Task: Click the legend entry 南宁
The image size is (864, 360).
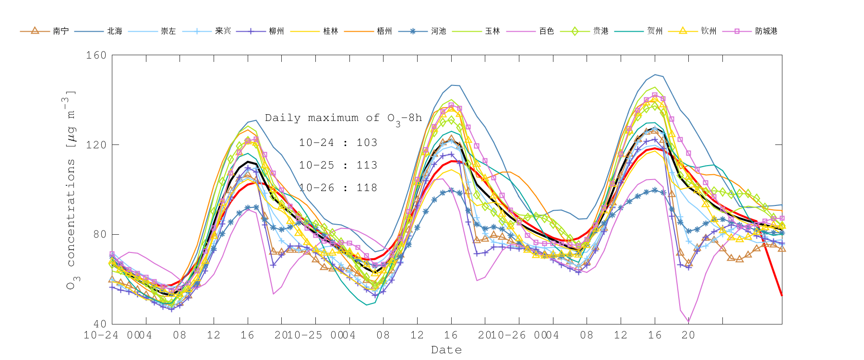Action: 61,31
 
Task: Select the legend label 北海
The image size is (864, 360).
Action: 115,31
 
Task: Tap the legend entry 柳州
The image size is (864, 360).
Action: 276,31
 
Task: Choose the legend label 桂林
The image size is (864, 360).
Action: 331,31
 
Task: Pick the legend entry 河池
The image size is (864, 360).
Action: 439,31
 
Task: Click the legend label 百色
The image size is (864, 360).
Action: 547,31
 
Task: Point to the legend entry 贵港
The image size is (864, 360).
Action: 601,31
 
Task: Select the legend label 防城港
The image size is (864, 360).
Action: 767,31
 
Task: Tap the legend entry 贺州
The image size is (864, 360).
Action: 655,31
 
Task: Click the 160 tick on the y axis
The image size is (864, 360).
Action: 96,55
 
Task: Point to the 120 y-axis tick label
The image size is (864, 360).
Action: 96,144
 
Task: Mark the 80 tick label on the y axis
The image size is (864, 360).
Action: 99,234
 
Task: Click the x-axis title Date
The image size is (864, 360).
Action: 446,350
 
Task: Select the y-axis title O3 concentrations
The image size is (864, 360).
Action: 71,190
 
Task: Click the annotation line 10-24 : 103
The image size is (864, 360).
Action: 338,143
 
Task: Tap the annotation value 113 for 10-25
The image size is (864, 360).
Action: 367,165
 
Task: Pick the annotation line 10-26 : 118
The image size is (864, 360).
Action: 338,188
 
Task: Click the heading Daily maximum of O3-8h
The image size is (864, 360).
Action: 343,119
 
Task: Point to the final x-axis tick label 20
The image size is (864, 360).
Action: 688,335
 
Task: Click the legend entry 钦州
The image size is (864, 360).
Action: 709,31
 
